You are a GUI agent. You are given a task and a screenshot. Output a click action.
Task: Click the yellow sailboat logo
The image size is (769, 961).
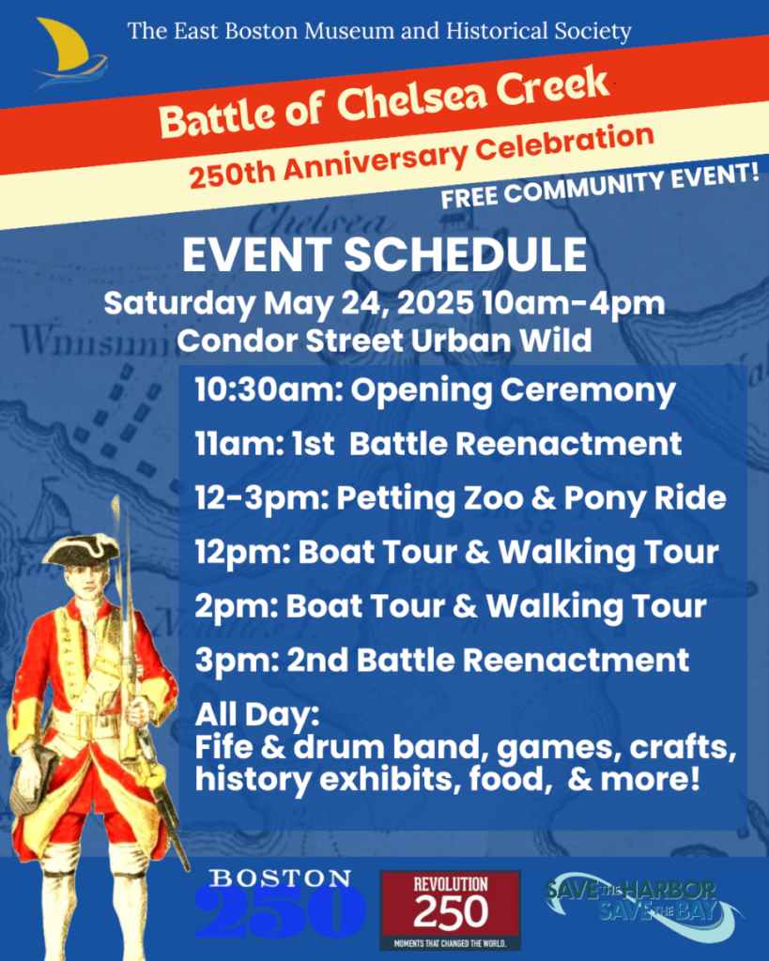[69, 53]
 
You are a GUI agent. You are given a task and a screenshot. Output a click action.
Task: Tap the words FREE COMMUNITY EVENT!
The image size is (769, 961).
[600, 187]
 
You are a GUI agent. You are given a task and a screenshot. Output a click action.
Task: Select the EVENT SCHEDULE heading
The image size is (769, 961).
[385, 254]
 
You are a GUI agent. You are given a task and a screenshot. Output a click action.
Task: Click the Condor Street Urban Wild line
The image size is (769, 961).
[385, 341]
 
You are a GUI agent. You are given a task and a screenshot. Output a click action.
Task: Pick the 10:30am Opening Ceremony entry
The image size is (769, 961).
[435, 391]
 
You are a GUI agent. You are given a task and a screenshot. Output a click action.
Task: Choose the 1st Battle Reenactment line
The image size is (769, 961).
[438, 444]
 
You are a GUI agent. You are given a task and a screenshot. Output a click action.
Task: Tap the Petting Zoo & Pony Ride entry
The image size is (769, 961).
[460, 497]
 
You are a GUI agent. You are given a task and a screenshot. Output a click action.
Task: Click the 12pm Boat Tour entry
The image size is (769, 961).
[457, 552]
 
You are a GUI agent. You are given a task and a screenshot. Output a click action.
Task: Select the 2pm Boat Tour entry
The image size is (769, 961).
[451, 606]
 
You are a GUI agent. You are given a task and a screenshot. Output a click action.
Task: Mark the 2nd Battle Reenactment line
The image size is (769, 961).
[441, 660]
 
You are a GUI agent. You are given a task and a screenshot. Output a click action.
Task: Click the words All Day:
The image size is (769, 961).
[257, 715]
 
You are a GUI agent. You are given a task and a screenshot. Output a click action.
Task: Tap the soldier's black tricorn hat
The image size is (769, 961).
[81, 549]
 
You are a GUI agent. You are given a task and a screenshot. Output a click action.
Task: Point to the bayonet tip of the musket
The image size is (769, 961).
[114, 496]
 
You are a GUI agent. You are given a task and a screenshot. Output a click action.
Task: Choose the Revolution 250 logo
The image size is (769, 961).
[450, 910]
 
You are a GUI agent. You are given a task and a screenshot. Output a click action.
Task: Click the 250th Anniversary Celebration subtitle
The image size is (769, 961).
[421, 157]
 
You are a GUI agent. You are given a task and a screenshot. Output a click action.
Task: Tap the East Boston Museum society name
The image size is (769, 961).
[379, 31]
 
